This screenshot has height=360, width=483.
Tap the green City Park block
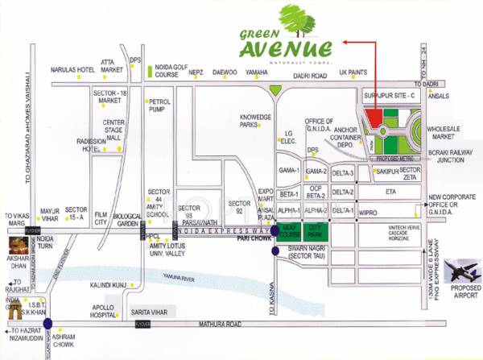(318, 234)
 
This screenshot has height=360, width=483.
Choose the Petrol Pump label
(159, 106)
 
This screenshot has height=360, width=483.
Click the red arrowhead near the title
(344, 41)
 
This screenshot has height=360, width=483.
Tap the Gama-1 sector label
(289, 172)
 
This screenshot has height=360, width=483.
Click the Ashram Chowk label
(62, 342)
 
